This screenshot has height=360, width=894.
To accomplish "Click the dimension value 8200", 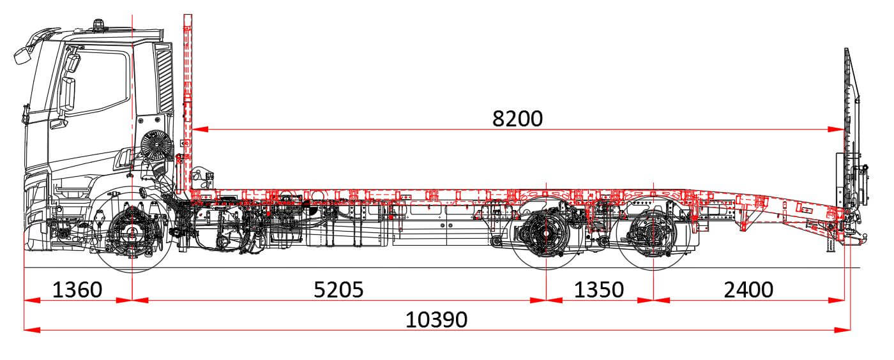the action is click(517, 119).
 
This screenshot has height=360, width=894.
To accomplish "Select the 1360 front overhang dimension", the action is click(77, 290).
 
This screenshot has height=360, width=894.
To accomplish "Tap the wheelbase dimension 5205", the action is click(338, 290).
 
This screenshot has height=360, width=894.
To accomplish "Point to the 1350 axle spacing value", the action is click(599, 290).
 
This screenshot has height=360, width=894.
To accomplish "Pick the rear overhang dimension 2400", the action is click(748, 290).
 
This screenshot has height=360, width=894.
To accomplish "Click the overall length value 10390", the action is click(436, 320).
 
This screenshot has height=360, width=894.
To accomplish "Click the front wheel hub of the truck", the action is click(132, 233).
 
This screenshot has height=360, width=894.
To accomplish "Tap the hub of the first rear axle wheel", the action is click(546, 234).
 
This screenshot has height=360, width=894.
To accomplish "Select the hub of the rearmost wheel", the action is click(653, 234).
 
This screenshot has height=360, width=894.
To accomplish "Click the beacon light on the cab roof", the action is click(98, 25).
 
